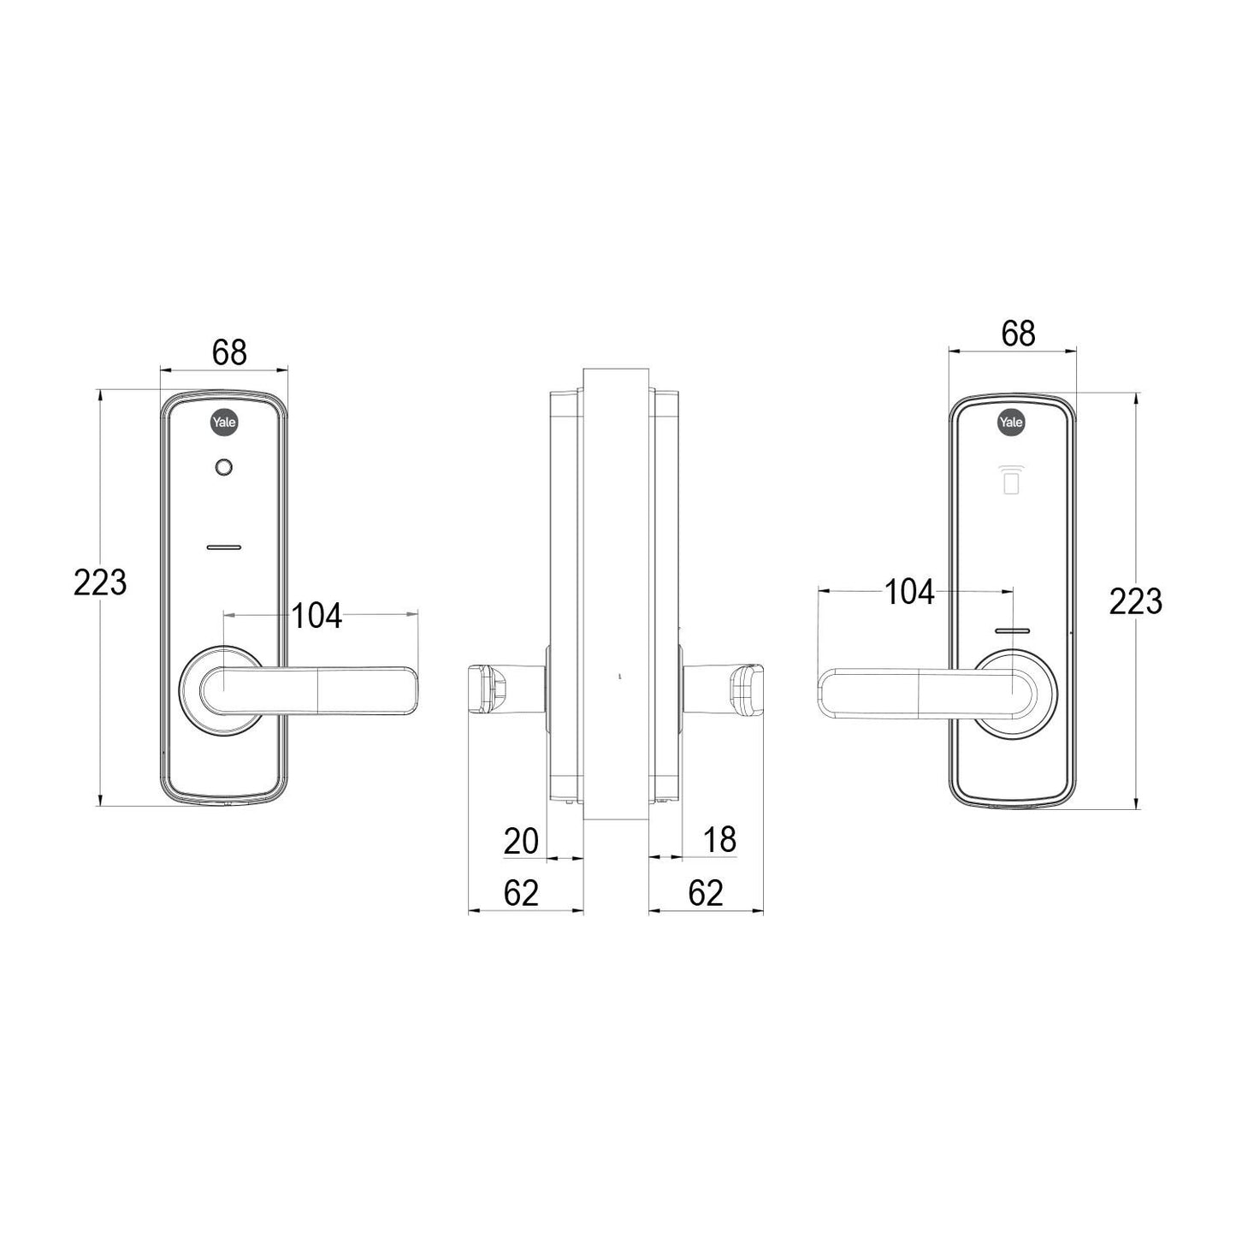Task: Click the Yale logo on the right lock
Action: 1012,422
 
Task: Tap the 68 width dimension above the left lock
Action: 229,352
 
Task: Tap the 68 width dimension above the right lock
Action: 1018,333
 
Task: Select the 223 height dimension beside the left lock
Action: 100,583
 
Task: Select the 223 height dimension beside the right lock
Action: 1135,601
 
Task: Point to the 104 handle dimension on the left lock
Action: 316,615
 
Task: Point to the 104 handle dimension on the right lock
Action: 908,592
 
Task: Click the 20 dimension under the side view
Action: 521,841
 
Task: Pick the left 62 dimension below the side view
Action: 521,893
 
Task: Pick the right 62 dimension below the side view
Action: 706,893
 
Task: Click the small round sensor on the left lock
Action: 224,467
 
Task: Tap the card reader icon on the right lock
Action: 1011,481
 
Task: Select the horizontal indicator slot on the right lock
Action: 1012,631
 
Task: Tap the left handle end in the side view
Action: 485,689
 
